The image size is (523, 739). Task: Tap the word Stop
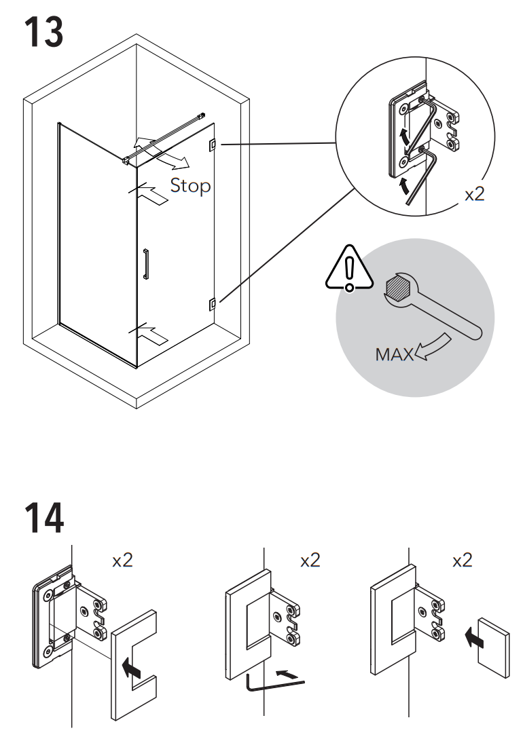click(x=190, y=185)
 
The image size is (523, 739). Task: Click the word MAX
click(x=394, y=354)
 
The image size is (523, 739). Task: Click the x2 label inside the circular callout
click(x=474, y=194)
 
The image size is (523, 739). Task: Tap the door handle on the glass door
click(x=145, y=264)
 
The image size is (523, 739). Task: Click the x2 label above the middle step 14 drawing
click(x=310, y=561)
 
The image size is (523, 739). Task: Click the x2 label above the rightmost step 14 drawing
click(x=462, y=561)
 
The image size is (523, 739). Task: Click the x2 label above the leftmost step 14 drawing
click(x=122, y=561)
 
